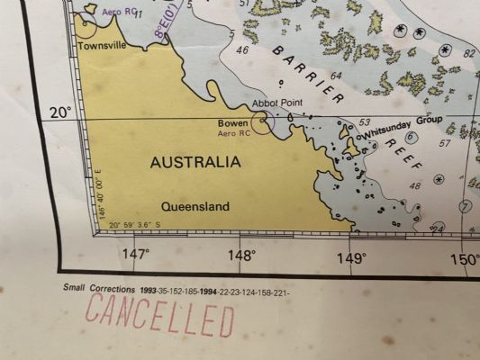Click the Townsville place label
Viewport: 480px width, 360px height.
point(102,45)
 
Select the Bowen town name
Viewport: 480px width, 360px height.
point(232,123)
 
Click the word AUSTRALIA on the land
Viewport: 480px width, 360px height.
point(195,162)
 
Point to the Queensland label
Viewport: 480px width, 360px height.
point(195,206)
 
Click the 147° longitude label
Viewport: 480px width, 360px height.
point(135,255)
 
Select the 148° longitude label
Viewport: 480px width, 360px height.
point(241,256)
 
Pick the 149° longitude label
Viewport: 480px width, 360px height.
point(351,258)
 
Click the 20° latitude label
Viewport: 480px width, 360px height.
point(60,112)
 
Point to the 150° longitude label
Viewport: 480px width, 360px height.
point(464,260)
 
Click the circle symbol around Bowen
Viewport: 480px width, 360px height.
point(262,123)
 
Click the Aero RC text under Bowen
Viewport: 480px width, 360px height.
point(232,133)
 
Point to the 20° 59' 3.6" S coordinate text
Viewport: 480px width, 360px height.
point(135,225)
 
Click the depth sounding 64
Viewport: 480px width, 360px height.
point(336,76)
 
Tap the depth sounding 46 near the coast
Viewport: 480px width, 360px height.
point(241,49)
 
